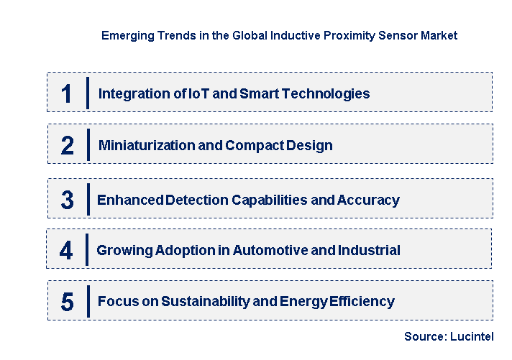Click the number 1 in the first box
tap(67, 93)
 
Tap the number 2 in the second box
tap(67, 145)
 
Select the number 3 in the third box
tap(67, 200)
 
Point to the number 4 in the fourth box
tap(66, 250)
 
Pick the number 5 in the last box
tap(67, 301)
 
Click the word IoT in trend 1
tap(194, 93)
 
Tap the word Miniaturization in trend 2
tap(141, 145)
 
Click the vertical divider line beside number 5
tap(88, 300)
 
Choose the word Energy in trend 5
tap(305, 301)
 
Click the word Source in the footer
tap(424, 336)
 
